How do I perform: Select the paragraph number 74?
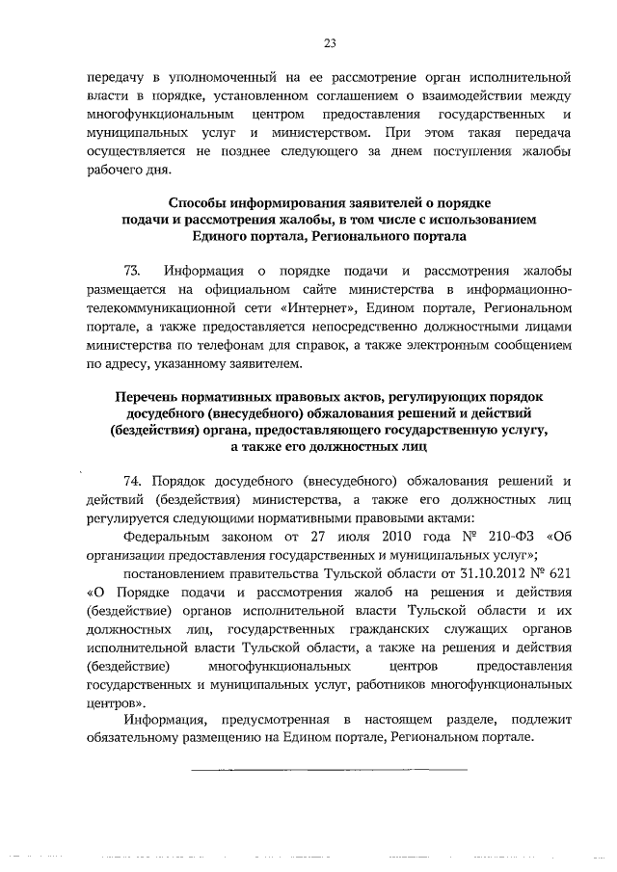click(133, 482)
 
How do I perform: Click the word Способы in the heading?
click(201, 202)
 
